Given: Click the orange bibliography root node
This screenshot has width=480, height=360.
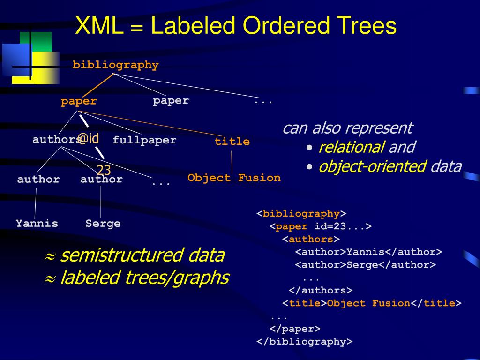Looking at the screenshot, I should coord(115,65).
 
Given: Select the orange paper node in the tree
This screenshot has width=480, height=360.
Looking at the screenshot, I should coord(78,101).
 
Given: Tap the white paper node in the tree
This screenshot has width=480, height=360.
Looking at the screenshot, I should coord(171,100).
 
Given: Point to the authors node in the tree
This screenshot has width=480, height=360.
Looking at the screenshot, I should coord(56,139).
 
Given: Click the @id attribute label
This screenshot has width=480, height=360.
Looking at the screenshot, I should coord(89,138).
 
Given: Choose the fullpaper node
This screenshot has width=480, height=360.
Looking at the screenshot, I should coord(144,140).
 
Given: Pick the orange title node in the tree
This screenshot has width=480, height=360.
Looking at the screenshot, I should coord(232,142).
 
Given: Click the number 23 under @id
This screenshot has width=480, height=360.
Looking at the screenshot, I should coord(104,170).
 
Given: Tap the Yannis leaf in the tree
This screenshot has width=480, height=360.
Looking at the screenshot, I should coord(37,223).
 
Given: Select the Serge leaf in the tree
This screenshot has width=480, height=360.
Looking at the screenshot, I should coord(103,223).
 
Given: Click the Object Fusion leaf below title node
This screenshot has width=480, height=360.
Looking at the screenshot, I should coord(234,178).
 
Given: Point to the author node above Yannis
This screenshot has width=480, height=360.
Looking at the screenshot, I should coord(38,179).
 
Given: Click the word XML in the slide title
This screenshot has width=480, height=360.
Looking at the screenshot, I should coord(99,26).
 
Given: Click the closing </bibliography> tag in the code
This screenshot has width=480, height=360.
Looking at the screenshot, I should coord(304,341).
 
